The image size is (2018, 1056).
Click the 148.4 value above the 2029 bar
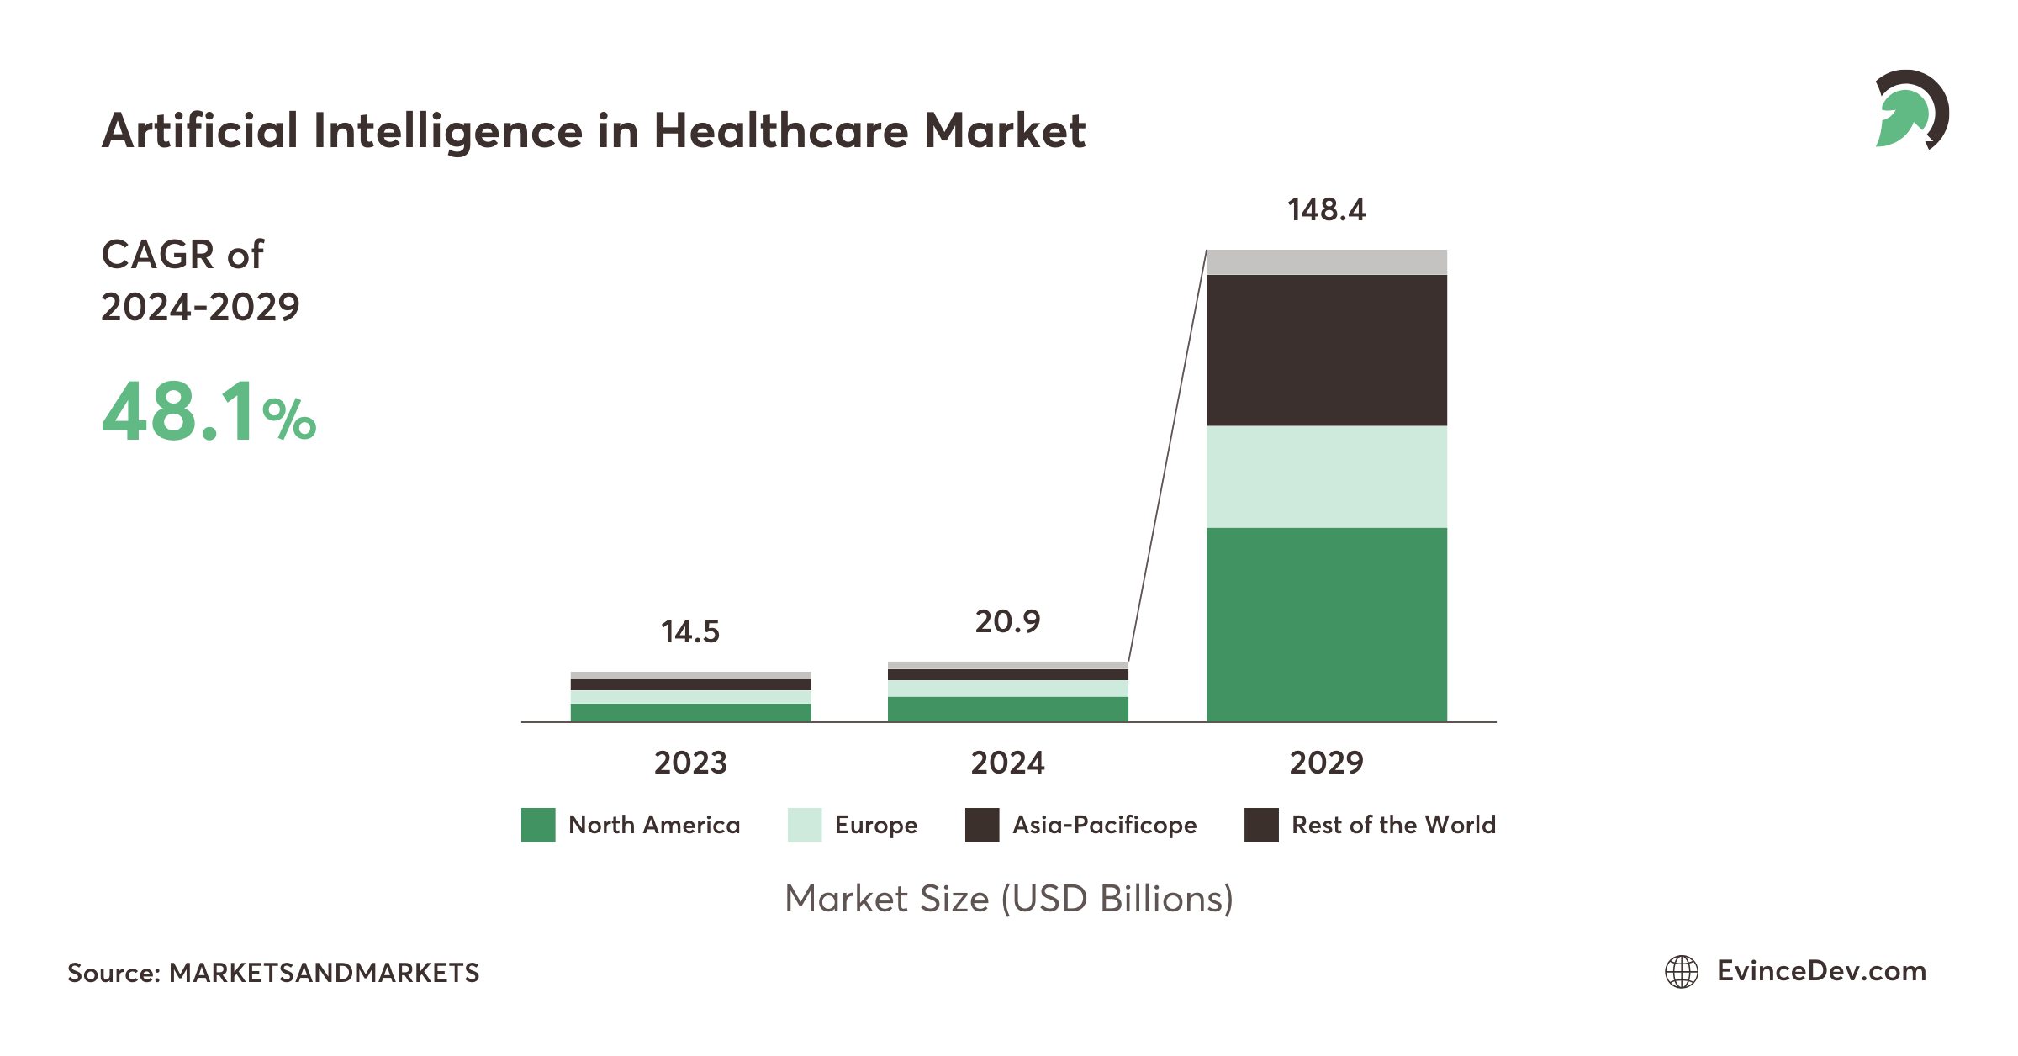point(1326,210)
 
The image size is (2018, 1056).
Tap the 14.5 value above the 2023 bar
point(690,632)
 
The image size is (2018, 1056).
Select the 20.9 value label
point(1007,622)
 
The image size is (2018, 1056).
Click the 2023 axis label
point(690,763)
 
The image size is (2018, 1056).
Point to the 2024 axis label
point(1007,763)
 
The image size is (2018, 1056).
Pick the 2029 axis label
point(1326,763)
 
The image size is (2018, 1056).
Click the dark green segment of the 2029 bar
point(1326,624)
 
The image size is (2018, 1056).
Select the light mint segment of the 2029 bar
point(1326,477)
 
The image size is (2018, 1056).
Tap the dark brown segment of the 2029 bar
point(1326,350)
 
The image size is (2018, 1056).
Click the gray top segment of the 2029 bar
point(1326,262)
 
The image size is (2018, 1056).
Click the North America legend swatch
point(538,825)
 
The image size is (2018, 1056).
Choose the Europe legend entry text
point(875,826)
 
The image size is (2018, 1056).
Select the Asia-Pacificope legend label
point(1104,826)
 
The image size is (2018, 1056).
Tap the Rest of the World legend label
point(1393,826)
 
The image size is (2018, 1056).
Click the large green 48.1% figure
point(208,412)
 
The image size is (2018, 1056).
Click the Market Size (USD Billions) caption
point(1008,900)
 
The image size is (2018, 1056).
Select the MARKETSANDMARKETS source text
point(324,974)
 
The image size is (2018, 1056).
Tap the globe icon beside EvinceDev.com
point(1682,972)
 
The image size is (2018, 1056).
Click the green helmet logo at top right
point(1910,110)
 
